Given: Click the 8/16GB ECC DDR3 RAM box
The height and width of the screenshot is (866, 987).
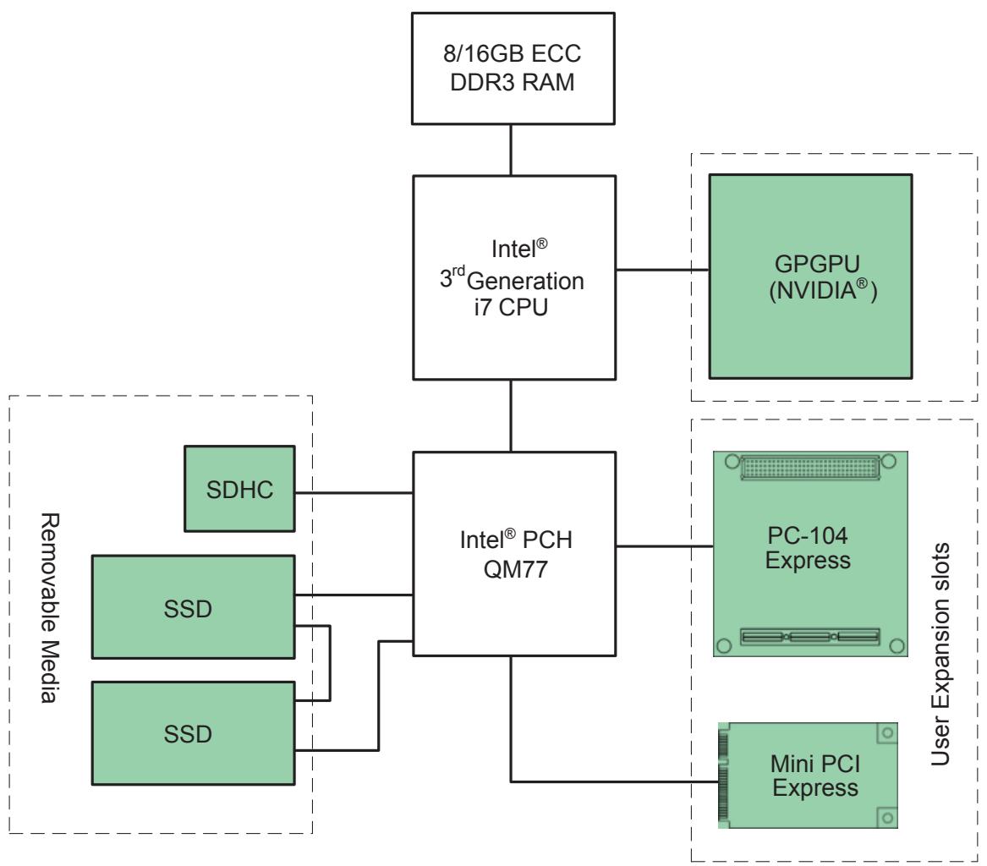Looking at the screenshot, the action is tap(513, 69).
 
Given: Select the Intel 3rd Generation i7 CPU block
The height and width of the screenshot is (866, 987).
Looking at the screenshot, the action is tap(514, 277).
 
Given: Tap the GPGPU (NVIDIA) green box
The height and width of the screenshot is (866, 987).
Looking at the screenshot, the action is tap(811, 277).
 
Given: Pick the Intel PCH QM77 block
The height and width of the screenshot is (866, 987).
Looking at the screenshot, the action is tap(514, 554).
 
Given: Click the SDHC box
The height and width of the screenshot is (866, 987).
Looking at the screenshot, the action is tap(239, 489).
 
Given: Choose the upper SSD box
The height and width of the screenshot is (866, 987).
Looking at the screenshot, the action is tap(193, 607).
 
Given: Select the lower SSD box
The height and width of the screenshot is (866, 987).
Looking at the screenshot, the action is tap(193, 733).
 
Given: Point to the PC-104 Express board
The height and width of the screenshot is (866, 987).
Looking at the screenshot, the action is tap(810, 554).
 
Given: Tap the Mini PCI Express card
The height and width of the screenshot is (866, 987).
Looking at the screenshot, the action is tap(808, 776).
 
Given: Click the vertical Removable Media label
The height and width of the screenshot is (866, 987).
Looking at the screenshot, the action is tap(50, 608).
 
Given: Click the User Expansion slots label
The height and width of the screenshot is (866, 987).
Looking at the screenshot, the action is tap(940, 654).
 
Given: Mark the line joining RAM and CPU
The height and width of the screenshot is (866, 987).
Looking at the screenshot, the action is tap(511, 150).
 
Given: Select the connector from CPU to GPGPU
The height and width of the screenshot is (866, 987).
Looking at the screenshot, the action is tap(662, 270).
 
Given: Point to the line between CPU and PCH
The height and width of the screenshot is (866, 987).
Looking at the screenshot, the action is tap(511, 416).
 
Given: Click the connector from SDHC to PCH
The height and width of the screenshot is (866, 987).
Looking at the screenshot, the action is tap(354, 493).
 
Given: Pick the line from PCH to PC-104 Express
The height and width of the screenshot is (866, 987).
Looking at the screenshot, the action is tap(665, 545).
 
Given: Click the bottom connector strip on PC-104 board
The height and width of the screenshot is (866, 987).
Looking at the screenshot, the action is tap(810, 637).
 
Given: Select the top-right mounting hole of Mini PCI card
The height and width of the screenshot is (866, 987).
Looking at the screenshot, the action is tap(887, 732).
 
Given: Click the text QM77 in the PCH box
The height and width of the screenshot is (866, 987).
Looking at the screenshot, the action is tap(516, 569).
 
